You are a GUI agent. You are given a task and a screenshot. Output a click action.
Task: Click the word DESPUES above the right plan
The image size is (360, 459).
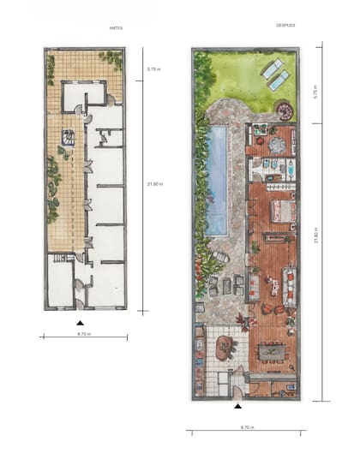coord(285,26)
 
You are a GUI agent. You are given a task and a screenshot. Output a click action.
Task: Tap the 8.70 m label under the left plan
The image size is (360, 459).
coord(84,333)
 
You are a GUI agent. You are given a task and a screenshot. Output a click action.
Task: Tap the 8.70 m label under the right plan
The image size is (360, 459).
coord(246,426)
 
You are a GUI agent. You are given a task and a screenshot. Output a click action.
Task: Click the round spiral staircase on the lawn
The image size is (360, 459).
coord(284,111)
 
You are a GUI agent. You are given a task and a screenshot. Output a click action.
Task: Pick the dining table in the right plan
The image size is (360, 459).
coord(272,350)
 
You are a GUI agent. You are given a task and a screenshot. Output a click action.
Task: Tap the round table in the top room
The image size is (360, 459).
coord(276,145)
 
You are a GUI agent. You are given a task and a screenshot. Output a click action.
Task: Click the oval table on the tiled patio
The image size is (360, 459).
coord(226,347)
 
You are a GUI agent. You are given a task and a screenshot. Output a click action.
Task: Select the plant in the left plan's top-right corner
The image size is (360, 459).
coord(112,60)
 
